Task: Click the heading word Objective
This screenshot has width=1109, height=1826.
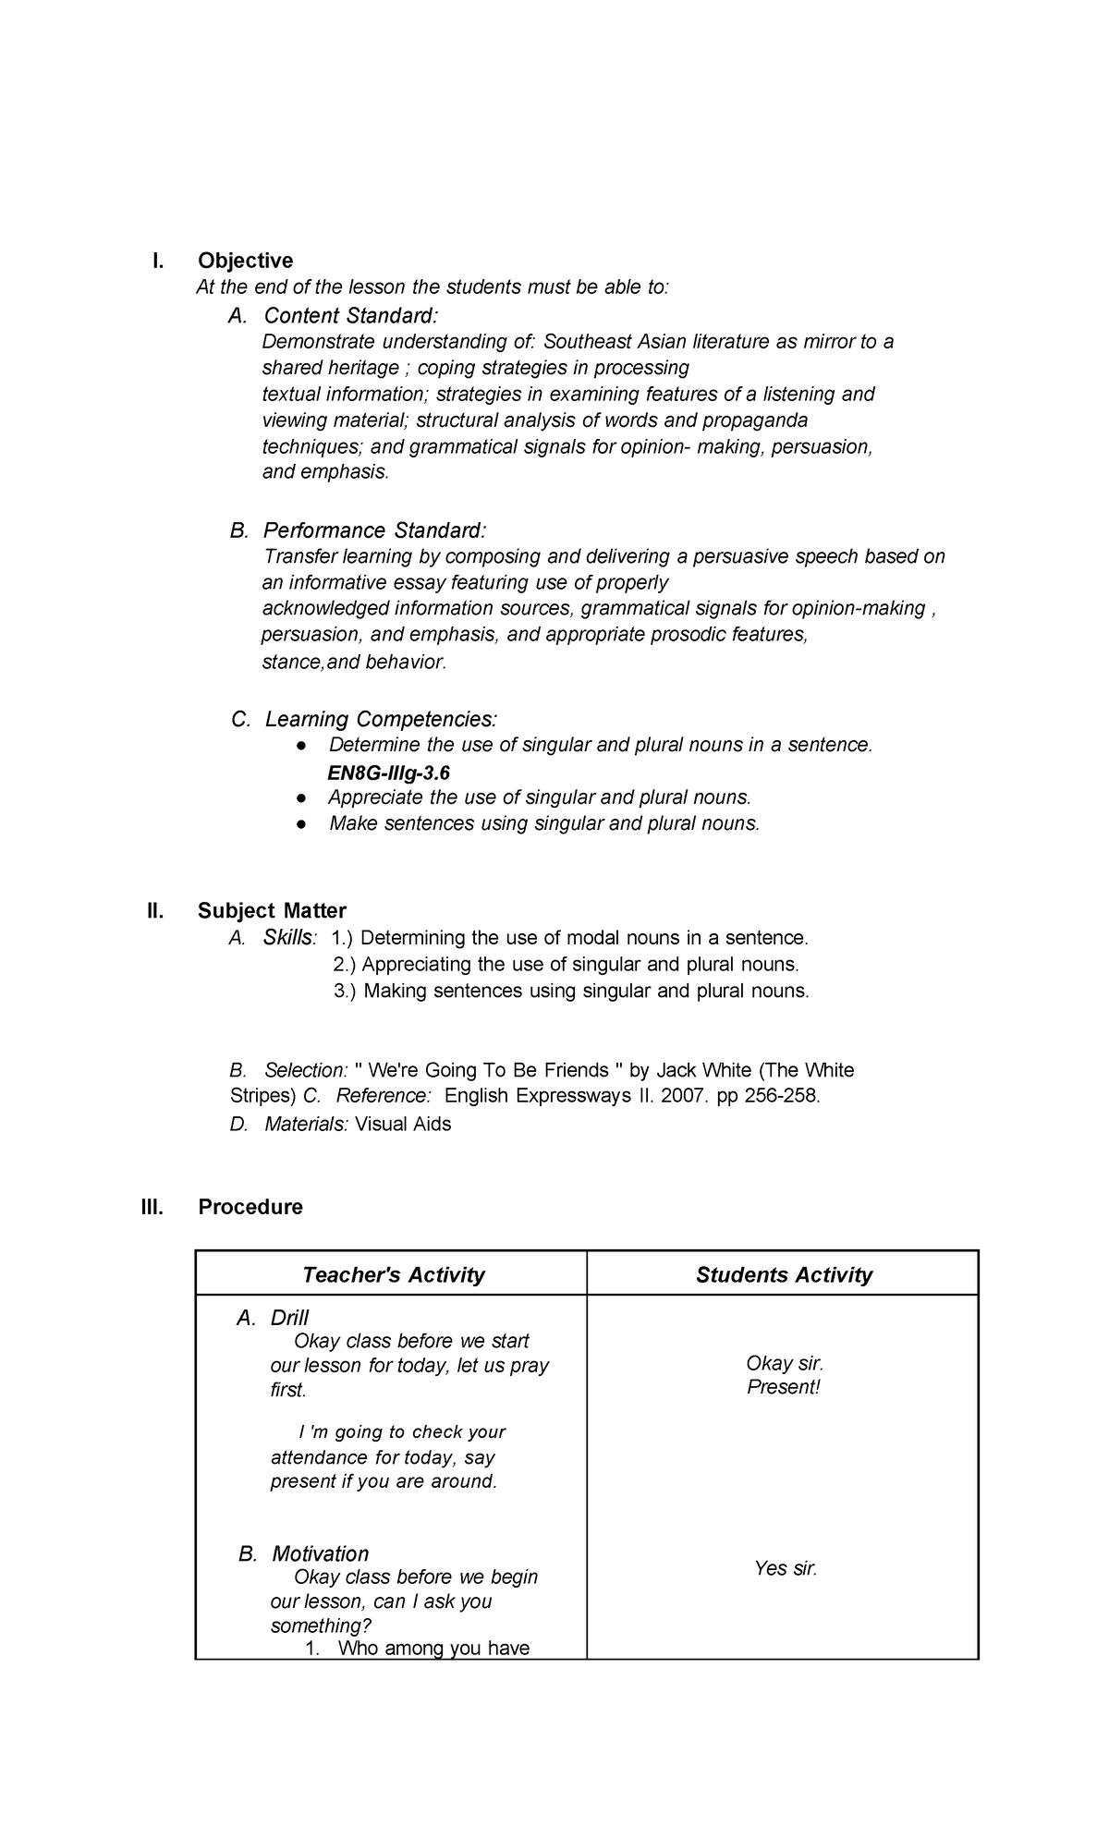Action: coord(245,261)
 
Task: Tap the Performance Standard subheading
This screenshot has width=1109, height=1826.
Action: coord(373,530)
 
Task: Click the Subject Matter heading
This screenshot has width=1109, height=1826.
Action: coord(272,911)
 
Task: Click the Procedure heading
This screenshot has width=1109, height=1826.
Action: coord(250,1207)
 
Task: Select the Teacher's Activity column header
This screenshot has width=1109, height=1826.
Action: coord(393,1275)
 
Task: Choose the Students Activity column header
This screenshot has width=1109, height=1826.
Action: coord(784,1275)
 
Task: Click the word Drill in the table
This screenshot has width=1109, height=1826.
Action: coord(289,1318)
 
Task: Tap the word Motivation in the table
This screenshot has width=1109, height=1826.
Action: coord(320,1553)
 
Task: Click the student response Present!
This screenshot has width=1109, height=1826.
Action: coord(784,1387)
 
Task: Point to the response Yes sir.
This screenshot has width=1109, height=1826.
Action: coord(786,1568)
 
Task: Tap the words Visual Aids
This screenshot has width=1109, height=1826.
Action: coord(403,1125)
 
